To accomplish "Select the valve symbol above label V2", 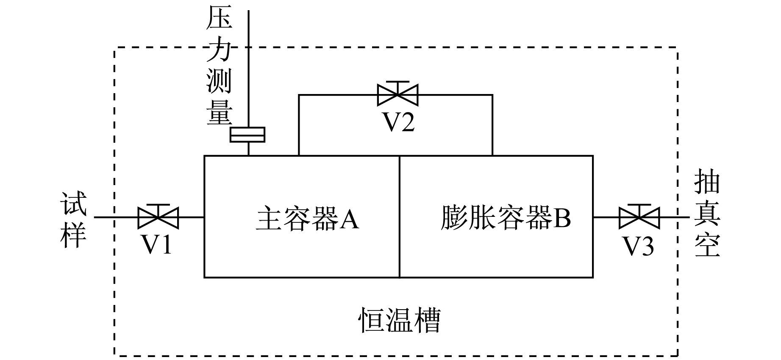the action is coord(397,94).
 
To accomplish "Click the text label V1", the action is coord(156,244).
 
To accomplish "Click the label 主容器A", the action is coord(308,219).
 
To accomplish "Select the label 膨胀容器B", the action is coord(506,218).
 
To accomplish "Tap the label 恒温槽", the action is coord(400,320).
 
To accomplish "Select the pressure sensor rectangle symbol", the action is coord(247,134).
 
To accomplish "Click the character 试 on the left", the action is coord(74,204).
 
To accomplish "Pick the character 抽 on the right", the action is coord(707,183).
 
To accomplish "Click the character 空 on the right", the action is coord(707,245).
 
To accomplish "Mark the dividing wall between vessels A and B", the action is coord(400,216).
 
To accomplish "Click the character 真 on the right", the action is coord(707,214).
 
